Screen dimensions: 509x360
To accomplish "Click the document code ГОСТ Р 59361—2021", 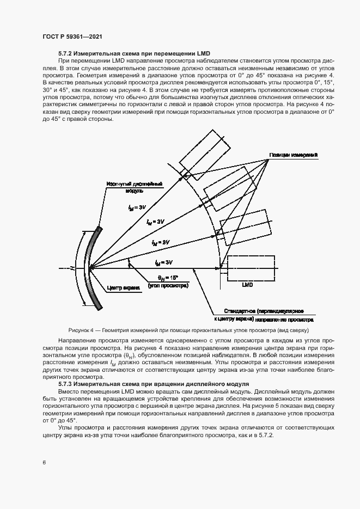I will [x=72, y=36].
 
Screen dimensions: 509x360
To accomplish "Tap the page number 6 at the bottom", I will [x=44, y=462].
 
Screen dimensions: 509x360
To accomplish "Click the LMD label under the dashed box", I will [x=247, y=284].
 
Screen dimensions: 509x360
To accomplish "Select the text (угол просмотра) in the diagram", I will [x=168, y=285].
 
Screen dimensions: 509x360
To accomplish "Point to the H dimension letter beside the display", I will [x=71, y=268].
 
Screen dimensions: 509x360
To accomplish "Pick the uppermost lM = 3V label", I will [x=138, y=207].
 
